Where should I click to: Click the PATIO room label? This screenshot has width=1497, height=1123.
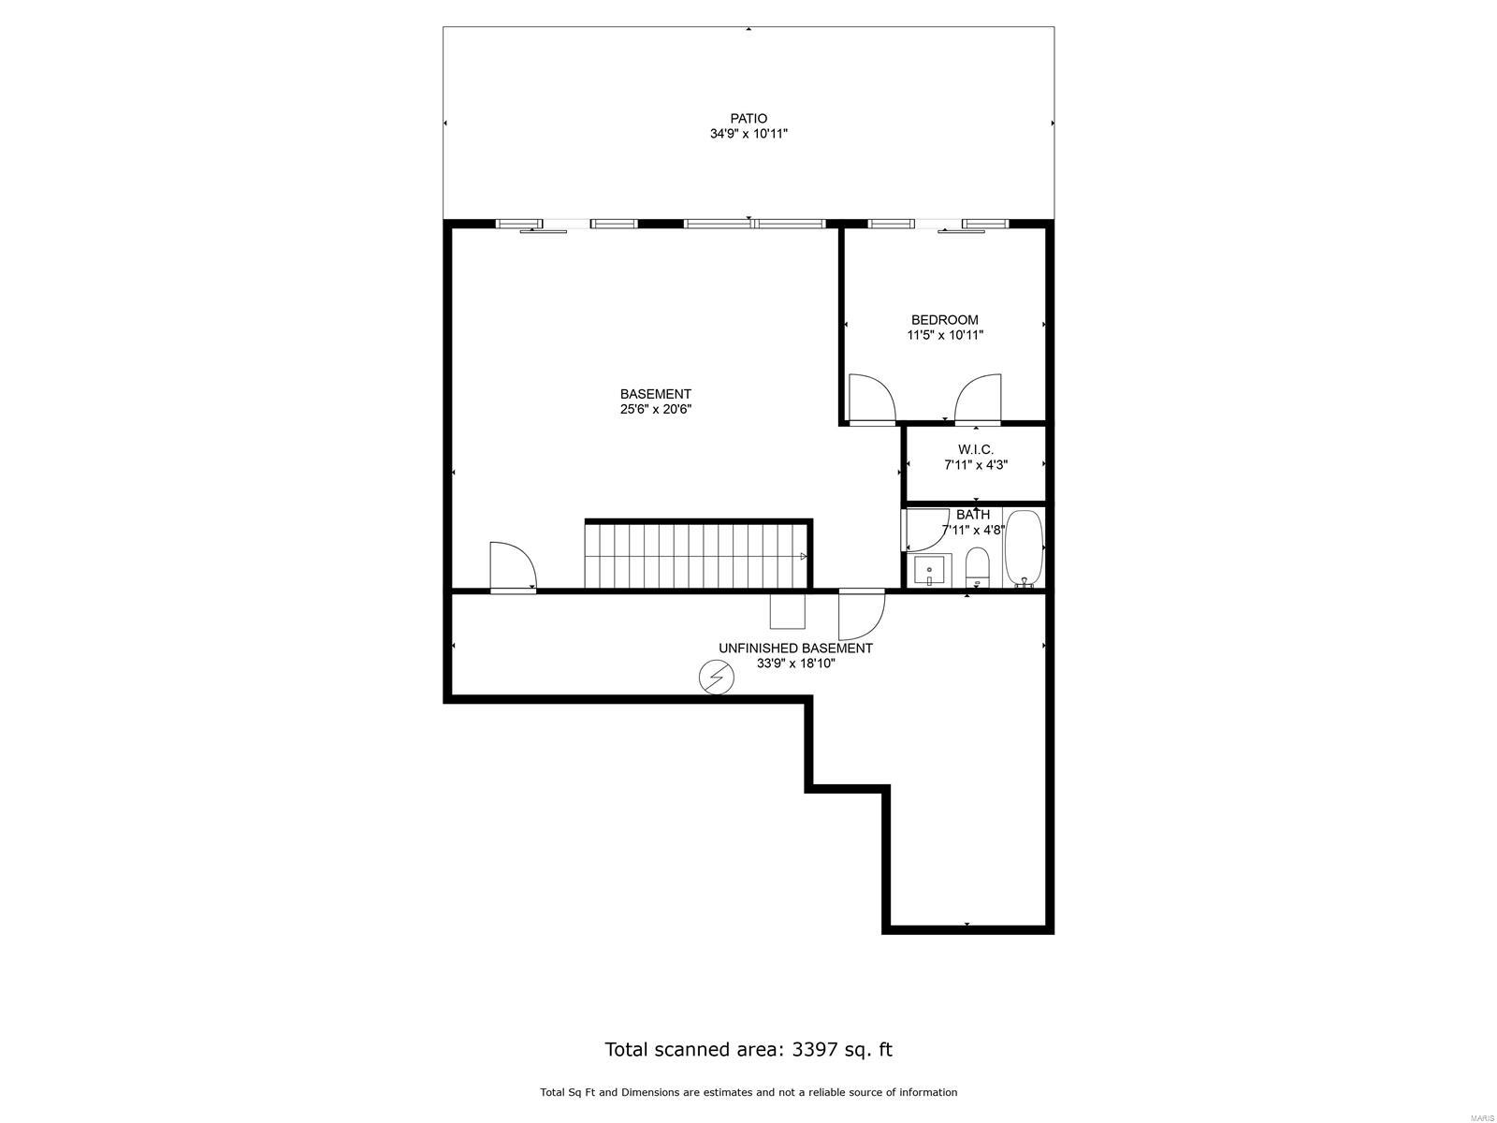coord(748,119)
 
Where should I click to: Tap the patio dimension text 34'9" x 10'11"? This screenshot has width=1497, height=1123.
coord(748,134)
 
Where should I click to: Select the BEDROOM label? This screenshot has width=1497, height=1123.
coord(945,320)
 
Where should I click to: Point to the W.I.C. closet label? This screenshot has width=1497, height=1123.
coord(975,450)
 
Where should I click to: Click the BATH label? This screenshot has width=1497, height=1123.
coord(972,515)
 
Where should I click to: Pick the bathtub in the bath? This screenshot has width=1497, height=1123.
coord(1024,548)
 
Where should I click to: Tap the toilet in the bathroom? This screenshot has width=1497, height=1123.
coord(978,567)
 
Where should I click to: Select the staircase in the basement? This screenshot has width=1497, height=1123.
coord(697,554)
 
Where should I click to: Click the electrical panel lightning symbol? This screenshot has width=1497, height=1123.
coord(717,678)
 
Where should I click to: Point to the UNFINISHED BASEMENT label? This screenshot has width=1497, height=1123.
coord(795,649)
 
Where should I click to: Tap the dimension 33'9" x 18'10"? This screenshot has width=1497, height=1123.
coord(795,664)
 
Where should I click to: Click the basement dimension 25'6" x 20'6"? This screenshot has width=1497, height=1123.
coord(656,409)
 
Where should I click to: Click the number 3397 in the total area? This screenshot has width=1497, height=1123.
coord(814,1049)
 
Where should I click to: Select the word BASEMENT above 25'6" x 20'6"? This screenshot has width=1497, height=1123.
coord(656,394)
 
